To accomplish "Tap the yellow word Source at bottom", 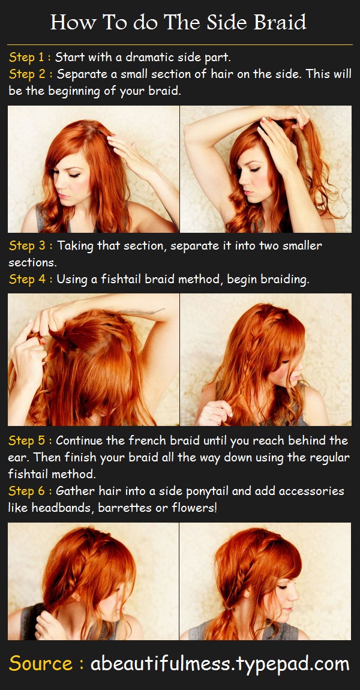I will [x=41, y=664].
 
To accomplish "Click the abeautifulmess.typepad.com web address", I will [x=220, y=665].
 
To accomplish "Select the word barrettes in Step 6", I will [x=131, y=508].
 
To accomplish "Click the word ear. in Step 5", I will [x=19, y=457].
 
